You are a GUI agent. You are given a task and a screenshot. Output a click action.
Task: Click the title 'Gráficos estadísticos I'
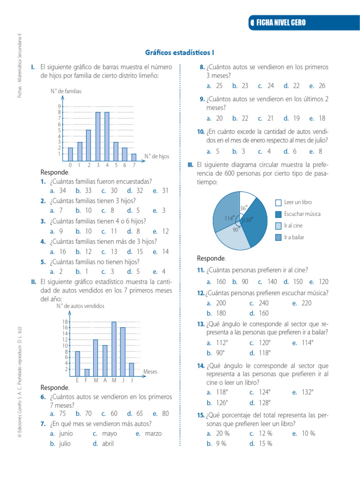tap(180, 53)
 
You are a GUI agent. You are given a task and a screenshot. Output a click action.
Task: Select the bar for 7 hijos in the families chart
tap(134, 157)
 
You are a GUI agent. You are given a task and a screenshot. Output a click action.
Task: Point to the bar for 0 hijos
tap(70, 154)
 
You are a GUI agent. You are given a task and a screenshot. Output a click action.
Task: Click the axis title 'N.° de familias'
tap(66, 91)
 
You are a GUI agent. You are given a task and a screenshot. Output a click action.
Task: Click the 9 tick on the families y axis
tap(60, 106)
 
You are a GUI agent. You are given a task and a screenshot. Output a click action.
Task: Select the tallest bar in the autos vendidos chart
tap(114, 348)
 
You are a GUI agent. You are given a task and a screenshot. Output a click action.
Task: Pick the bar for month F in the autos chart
tap(87, 372)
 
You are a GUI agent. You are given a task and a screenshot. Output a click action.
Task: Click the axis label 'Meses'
tap(150, 371)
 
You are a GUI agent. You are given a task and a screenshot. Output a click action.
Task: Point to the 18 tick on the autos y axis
tap(66, 322)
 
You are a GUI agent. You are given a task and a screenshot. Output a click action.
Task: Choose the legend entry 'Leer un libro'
tap(298, 202)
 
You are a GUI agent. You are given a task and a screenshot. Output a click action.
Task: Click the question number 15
tap(201, 415)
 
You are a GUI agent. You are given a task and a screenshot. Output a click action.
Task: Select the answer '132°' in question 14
tap(306, 392)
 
